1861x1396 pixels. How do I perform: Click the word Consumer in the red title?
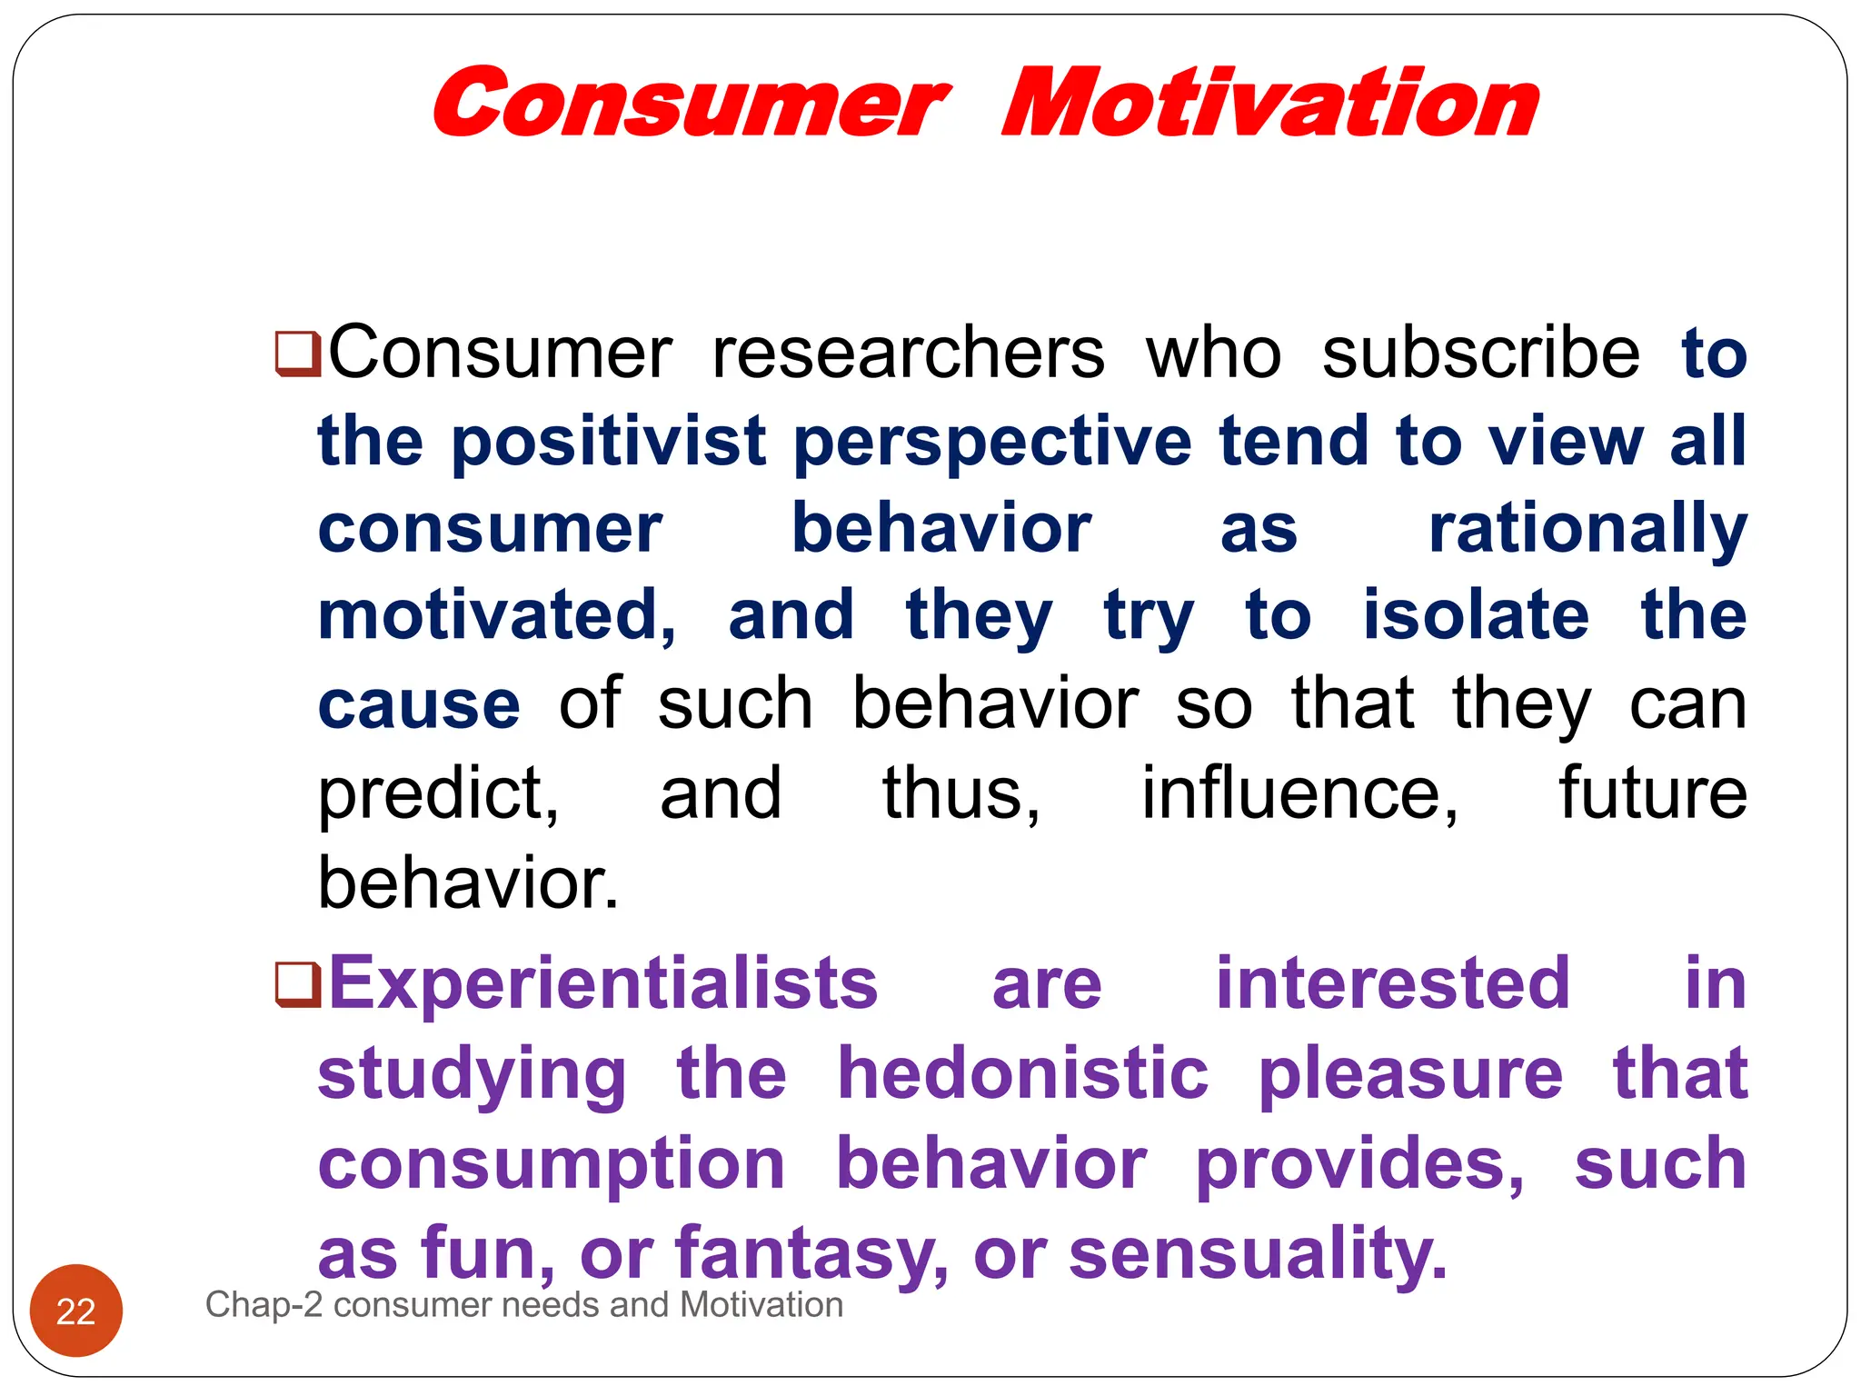click(691, 103)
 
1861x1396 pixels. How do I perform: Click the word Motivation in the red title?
click(1269, 103)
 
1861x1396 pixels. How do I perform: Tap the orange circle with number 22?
click(76, 1311)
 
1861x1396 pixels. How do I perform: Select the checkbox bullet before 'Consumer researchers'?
click(298, 353)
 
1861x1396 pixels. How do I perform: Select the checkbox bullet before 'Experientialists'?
click(298, 985)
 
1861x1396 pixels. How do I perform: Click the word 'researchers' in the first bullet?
click(908, 353)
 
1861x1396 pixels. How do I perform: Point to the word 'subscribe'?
click(1480, 353)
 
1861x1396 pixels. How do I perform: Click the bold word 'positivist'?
click(608, 442)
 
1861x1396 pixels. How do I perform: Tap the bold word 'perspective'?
click(992, 442)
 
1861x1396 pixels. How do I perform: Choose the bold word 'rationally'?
click(1587, 529)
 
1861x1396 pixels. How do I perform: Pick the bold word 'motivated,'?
click(497, 616)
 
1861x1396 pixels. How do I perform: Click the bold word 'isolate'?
click(1476, 616)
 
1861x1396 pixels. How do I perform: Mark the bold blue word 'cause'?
click(419, 705)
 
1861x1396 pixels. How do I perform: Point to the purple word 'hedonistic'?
click(1022, 1073)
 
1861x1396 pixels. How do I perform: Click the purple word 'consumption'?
click(551, 1163)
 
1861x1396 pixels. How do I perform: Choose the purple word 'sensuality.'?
click(1258, 1252)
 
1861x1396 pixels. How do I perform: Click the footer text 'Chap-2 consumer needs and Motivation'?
click(524, 1305)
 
